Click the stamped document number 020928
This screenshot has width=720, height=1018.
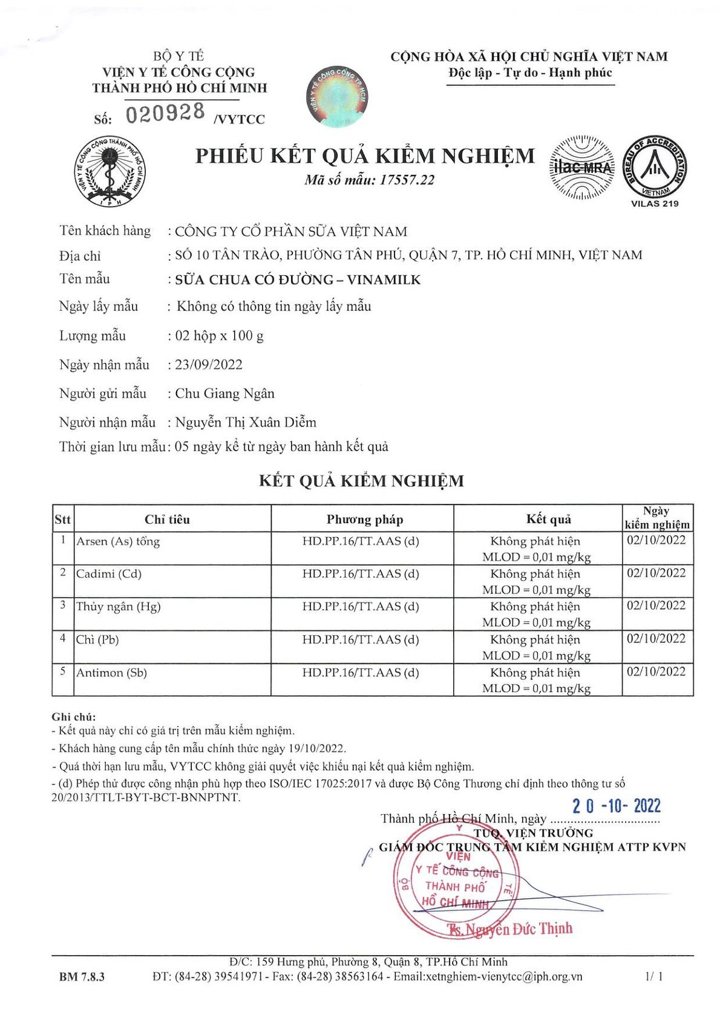165,113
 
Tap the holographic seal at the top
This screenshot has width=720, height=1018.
337,97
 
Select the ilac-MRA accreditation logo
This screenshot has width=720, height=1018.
581,168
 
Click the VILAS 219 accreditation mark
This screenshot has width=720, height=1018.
655,172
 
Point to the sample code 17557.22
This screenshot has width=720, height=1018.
407,180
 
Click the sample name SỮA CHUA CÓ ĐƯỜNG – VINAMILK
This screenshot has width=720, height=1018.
298,279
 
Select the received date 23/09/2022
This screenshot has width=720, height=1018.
209,365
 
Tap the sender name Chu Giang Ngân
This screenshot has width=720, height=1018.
224,394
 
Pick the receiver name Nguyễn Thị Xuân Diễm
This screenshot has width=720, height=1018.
246,422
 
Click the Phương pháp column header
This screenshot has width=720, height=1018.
364,520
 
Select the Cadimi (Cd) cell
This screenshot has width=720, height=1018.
109,574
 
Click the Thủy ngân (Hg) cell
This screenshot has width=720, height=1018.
119,607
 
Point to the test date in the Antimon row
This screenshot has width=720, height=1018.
656,672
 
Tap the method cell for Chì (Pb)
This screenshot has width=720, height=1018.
361,640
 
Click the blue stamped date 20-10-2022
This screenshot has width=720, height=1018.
617,806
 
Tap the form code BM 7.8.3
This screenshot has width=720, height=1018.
82,977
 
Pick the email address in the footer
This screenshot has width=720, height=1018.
488,976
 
